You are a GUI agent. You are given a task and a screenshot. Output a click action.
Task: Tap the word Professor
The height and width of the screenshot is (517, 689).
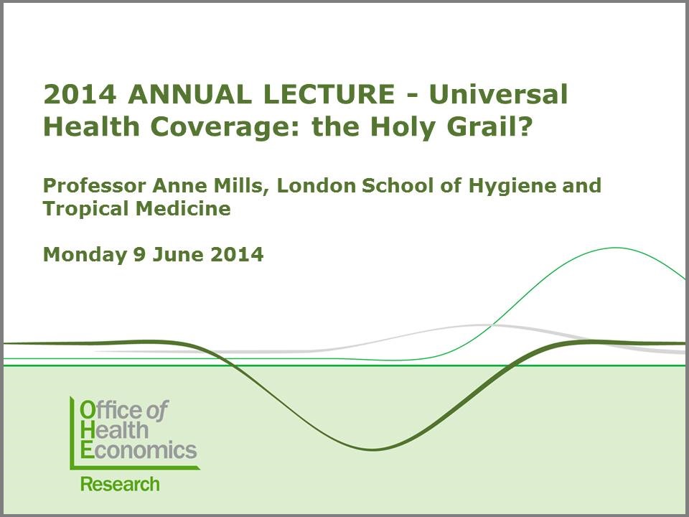click(x=91, y=185)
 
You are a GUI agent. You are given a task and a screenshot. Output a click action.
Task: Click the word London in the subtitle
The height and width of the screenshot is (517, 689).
click(x=312, y=185)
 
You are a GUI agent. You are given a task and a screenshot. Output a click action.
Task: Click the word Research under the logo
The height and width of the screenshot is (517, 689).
click(x=120, y=484)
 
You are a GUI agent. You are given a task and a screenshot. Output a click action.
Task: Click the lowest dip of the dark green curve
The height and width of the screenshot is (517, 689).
click(x=372, y=450)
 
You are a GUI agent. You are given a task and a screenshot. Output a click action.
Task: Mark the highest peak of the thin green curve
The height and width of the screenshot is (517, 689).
click(x=616, y=248)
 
